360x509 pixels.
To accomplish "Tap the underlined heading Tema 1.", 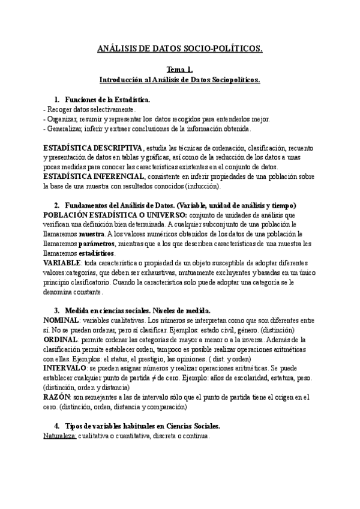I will pos(179,70).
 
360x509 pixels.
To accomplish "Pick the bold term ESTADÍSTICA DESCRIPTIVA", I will pos(93,148).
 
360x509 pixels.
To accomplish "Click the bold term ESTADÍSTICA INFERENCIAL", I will pos(94,176).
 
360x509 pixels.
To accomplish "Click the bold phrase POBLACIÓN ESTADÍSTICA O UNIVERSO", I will pos(115,215).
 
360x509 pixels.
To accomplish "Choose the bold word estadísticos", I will pos(97,253).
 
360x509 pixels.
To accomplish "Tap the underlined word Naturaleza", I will pos(59,437).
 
